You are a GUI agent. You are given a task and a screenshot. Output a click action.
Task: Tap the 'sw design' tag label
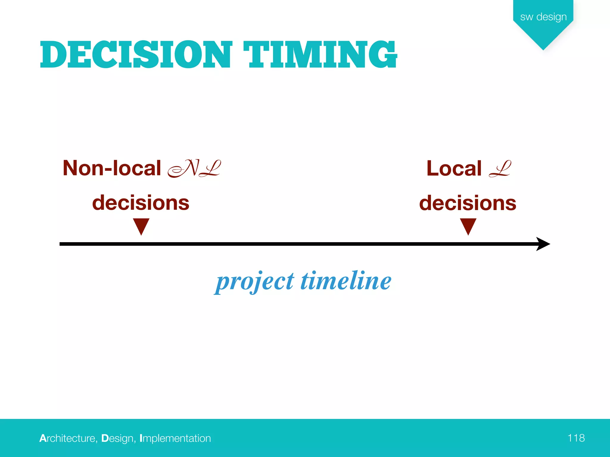543,17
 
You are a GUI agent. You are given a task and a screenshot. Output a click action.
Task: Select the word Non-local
112,168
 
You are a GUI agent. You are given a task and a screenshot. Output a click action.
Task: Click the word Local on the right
454,168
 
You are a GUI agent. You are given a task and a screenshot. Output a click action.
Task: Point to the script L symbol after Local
500,169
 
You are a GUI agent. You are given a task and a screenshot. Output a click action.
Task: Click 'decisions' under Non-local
141,203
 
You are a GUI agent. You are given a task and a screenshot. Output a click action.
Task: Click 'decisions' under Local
468,203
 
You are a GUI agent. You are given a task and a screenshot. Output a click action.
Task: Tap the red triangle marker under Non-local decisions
141,226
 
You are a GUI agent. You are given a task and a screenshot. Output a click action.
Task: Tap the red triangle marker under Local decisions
468,226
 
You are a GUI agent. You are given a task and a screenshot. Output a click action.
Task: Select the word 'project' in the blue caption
255,281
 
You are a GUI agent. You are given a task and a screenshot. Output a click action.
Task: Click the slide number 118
576,438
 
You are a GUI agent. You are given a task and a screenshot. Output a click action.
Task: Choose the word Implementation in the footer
175,438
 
